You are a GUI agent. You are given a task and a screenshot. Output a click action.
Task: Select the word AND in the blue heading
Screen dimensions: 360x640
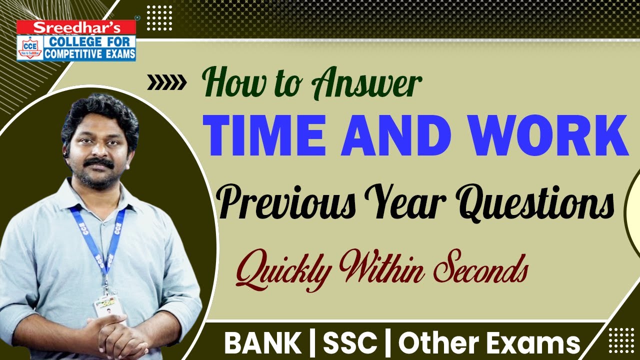pos(399,134)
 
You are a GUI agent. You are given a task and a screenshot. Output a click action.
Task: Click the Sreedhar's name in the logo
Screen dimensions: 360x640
pos(76,27)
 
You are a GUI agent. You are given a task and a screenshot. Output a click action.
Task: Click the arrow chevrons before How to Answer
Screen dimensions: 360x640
pos(166,83)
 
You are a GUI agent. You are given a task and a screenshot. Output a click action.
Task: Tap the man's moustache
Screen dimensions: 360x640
pos(98,163)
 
